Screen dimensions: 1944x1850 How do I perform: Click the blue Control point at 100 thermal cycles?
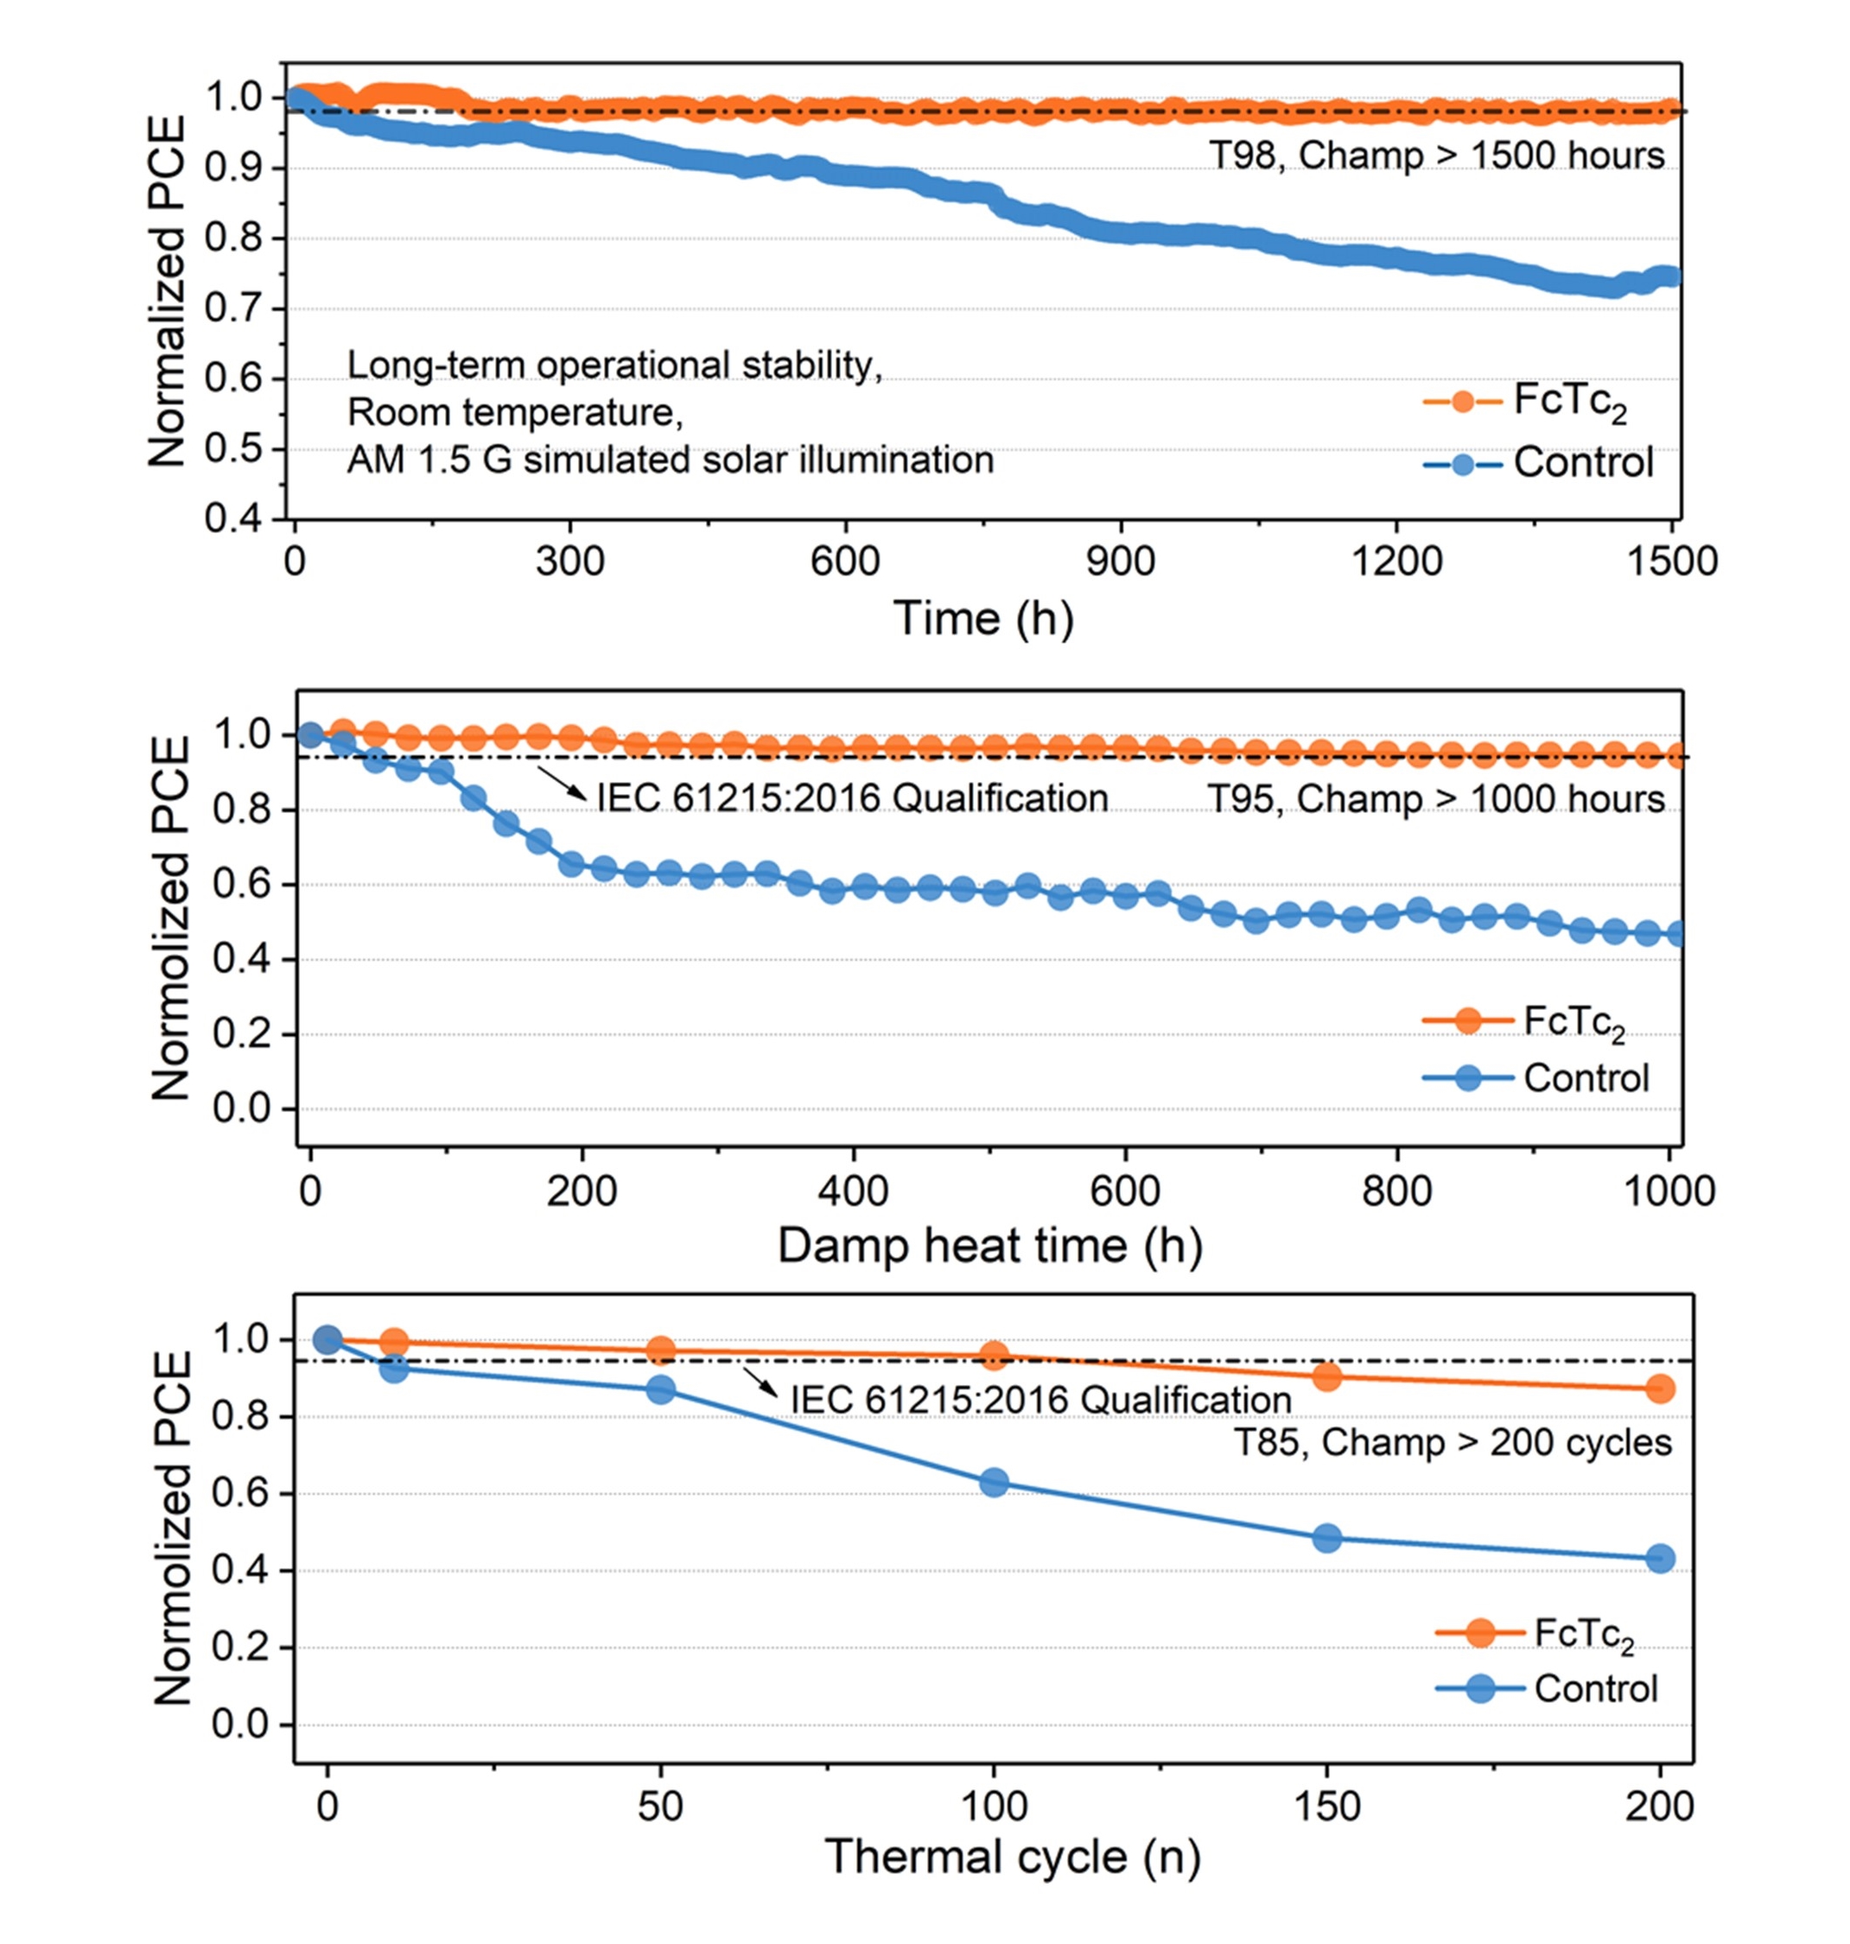[x=994, y=1483]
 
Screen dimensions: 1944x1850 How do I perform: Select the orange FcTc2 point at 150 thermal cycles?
[x=1327, y=1377]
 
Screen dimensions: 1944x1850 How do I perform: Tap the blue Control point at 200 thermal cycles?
[x=1661, y=1559]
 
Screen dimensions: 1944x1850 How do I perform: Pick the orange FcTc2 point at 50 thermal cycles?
[x=661, y=1351]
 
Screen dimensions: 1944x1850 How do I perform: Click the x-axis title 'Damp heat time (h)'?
[x=990, y=1246]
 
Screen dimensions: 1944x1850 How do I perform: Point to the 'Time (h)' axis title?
[x=983, y=619]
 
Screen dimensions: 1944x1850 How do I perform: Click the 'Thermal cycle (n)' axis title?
[x=1013, y=1858]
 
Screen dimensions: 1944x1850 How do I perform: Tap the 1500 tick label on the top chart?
[x=1671, y=562]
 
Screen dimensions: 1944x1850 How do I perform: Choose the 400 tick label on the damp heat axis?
[x=853, y=1191]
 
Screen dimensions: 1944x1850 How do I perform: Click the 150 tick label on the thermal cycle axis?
[x=1326, y=1806]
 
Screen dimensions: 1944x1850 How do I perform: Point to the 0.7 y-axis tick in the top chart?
[x=232, y=309]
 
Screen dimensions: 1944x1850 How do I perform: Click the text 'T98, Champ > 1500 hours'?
[x=1437, y=156]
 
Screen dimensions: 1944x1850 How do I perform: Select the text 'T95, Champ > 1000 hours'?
[x=1437, y=799]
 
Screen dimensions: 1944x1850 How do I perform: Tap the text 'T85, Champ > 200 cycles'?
[x=1453, y=1442]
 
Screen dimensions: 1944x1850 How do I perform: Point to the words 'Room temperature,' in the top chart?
[x=515, y=412]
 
